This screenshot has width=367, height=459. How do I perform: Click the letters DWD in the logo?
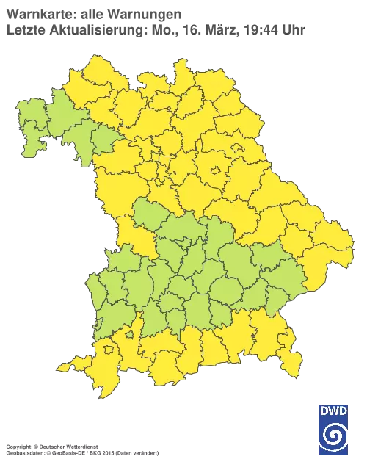tap(333, 410)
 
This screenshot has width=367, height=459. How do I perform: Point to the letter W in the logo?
tap(333, 410)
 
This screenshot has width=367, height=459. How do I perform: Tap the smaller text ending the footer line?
tap(128, 446)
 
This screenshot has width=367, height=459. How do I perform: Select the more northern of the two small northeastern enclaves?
tap(239, 149)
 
